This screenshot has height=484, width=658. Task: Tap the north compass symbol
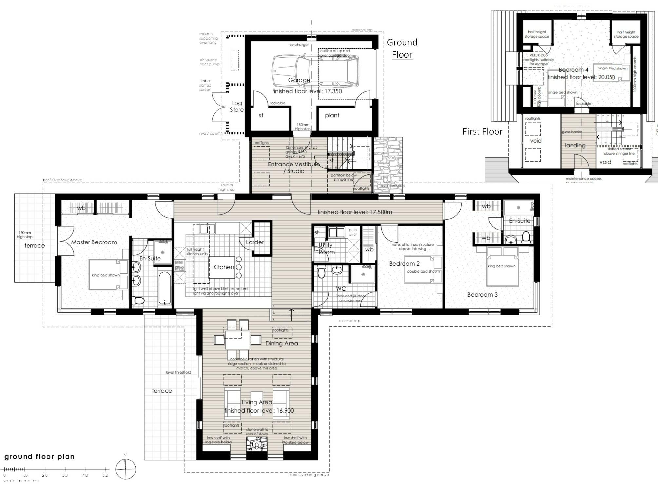coord(125,469)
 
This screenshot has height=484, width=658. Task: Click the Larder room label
coord(254,242)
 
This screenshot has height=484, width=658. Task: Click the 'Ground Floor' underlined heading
coord(402,48)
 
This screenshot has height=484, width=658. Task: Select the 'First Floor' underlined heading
coord(482,131)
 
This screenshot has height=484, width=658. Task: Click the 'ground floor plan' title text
coord(39,456)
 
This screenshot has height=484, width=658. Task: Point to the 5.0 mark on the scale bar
coord(105,475)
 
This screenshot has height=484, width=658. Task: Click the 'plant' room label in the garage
coord(332,115)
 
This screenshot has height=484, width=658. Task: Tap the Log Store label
coord(236,106)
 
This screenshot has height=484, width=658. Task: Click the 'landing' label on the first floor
coord(575,145)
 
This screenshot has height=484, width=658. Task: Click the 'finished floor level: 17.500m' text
coord(355,212)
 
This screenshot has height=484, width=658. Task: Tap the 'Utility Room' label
coord(326,248)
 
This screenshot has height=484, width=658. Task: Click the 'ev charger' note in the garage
coord(299,45)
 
